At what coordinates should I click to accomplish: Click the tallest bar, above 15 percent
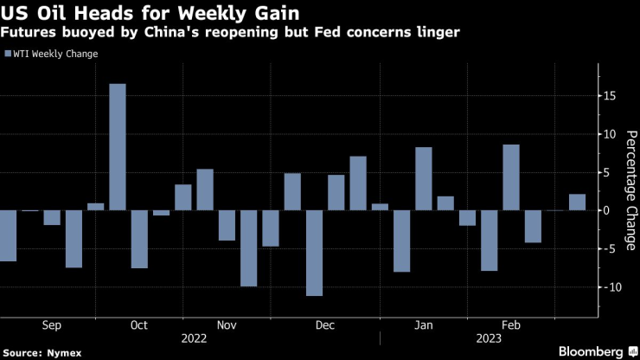(118, 147)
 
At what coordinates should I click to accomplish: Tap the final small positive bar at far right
(577, 202)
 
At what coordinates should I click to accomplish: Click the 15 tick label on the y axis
(611, 97)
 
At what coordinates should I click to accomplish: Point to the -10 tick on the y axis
(612, 286)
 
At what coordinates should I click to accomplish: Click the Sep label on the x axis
(51, 325)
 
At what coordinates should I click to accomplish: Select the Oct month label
(139, 325)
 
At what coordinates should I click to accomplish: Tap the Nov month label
(227, 325)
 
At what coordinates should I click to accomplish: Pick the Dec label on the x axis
(325, 325)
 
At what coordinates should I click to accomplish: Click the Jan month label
(423, 325)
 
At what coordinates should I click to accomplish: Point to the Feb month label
(511, 325)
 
